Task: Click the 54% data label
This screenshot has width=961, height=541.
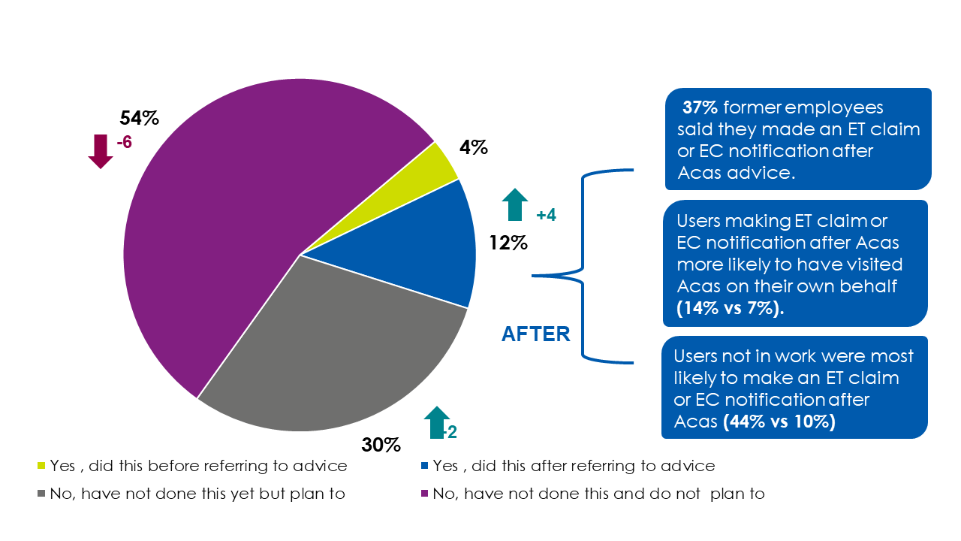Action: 140,118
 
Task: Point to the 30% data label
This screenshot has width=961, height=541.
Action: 381,445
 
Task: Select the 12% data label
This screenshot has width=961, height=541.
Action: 508,243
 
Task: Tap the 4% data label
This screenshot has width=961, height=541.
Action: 474,148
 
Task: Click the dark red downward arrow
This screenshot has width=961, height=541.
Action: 100,150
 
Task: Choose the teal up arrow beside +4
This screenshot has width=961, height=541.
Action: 514,204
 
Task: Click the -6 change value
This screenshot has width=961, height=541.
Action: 125,142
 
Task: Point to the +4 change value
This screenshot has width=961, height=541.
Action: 546,216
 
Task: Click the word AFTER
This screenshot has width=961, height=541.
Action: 535,334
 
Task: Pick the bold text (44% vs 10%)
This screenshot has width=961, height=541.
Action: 779,422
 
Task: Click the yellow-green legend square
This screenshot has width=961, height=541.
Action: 41,467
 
